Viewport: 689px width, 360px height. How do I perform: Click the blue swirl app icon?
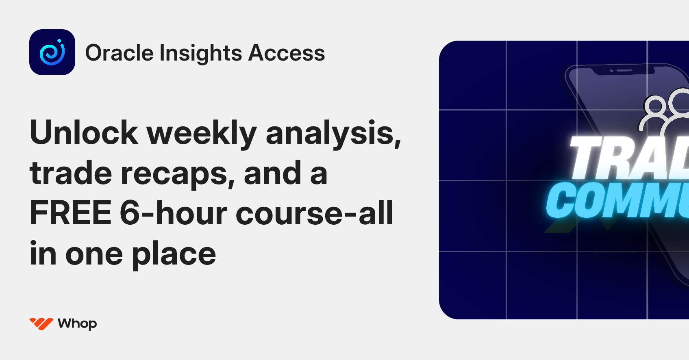click(52, 52)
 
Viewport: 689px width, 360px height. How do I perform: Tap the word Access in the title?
click(287, 53)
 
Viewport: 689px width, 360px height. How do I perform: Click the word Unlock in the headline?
click(84, 132)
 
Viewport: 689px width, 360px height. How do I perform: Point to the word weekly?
click(202, 133)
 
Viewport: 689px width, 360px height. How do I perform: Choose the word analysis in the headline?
click(333, 133)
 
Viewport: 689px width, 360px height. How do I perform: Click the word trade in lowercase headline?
click(71, 173)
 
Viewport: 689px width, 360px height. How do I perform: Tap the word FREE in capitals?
click(71, 213)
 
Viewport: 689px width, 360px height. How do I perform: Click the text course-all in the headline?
click(315, 213)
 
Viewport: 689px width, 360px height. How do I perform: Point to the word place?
click(174, 254)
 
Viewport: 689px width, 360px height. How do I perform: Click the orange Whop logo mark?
click(41, 323)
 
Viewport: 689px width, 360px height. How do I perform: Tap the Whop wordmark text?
click(77, 324)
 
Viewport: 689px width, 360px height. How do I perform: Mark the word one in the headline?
click(94, 254)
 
